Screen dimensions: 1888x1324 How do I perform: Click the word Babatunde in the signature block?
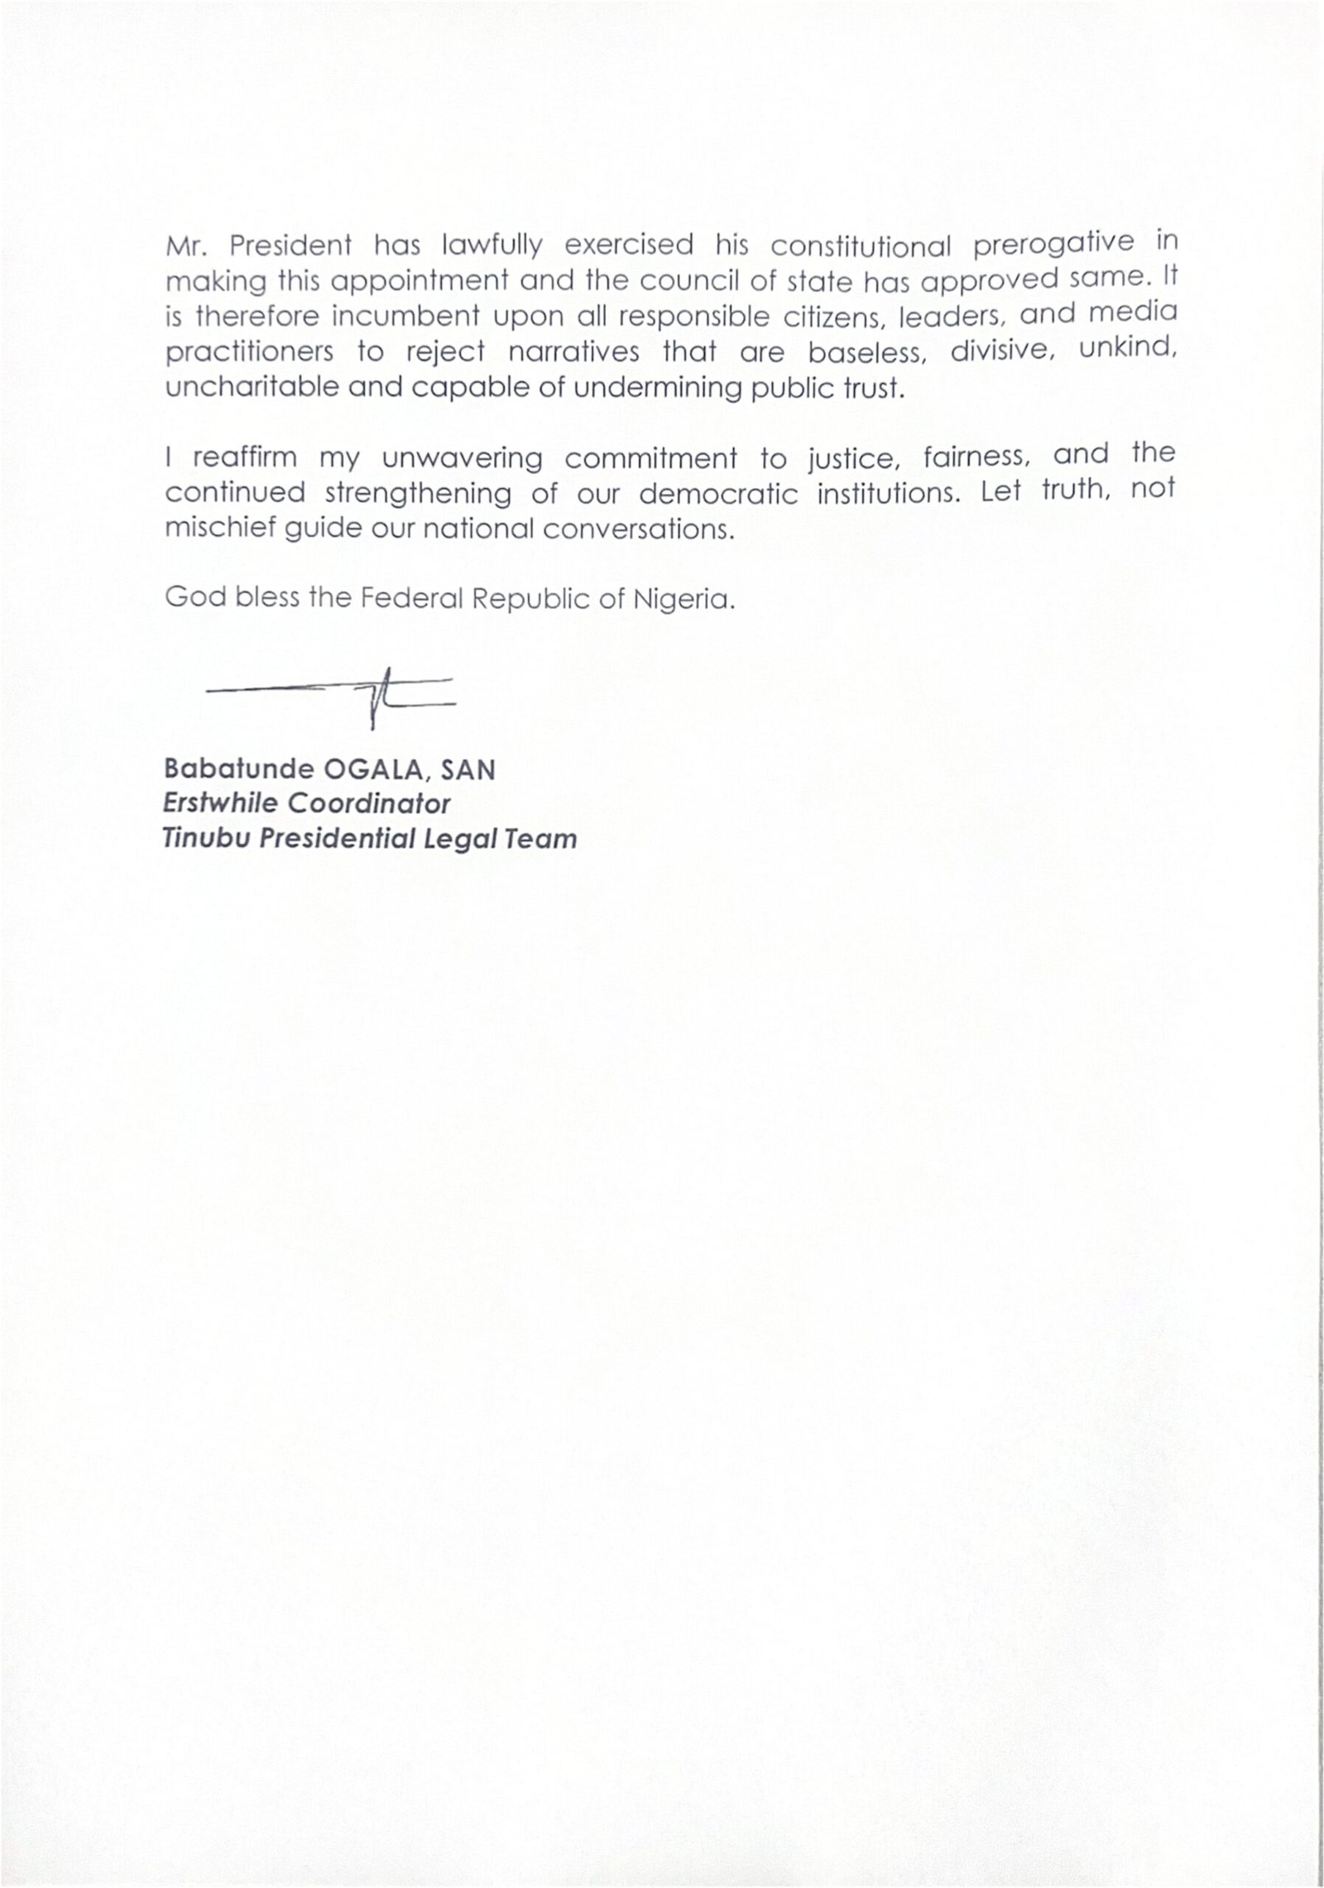[x=239, y=769]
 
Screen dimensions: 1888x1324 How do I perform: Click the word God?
[x=195, y=597]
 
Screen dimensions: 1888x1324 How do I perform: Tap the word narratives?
[x=573, y=352]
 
